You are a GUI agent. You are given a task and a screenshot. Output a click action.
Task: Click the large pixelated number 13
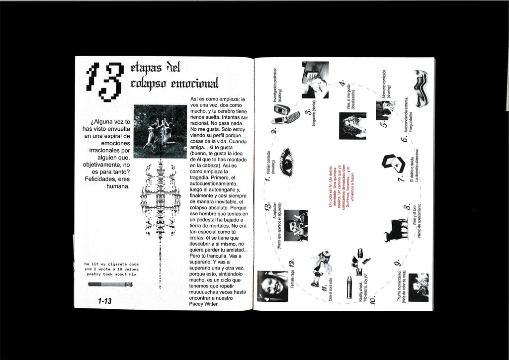click(x=104, y=81)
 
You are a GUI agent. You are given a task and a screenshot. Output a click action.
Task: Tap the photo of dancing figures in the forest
click(x=160, y=131)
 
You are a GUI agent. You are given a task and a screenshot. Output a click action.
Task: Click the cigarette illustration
click(x=110, y=284)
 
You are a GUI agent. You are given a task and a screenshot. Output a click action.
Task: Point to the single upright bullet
click(x=349, y=287)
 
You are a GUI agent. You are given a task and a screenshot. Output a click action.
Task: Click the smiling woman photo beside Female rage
click(x=272, y=286)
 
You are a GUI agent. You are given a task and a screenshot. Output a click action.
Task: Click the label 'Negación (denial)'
click(x=314, y=117)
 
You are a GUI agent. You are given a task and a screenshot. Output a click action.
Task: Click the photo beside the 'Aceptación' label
click(x=296, y=225)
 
